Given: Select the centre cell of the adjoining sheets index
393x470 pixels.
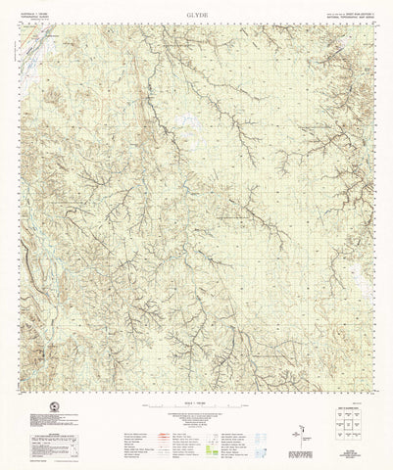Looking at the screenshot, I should pyautogui.click(x=352, y=424).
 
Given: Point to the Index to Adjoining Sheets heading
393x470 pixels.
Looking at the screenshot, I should pyautogui.click(x=352, y=404).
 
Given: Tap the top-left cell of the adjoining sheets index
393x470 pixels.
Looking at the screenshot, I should pyautogui.click(x=340, y=413).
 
